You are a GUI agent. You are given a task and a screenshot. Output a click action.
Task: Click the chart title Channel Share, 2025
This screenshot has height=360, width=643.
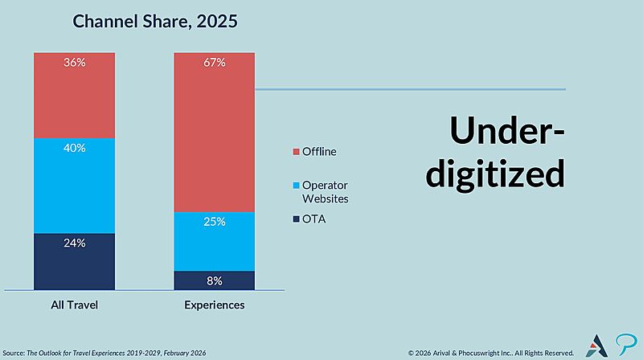pyautogui.click(x=155, y=22)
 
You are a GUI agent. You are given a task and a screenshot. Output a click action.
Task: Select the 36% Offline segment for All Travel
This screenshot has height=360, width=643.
pyautogui.click(x=74, y=96)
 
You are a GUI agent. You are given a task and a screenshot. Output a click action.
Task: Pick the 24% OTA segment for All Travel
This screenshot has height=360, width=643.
pyautogui.click(x=74, y=262)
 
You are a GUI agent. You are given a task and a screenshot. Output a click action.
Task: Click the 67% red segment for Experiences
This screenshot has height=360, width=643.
pyautogui.click(x=215, y=133)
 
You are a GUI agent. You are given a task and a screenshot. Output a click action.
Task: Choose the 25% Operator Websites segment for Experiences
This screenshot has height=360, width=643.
pyautogui.click(x=215, y=241)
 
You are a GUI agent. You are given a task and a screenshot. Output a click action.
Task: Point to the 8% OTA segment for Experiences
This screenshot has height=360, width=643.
pyautogui.click(x=215, y=280)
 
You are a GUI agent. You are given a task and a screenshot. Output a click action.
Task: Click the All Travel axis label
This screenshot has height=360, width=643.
pyautogui.click(x=74, y=305)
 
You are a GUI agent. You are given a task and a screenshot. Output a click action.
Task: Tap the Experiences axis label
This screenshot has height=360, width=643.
pyautogui.click(x=215, y=305)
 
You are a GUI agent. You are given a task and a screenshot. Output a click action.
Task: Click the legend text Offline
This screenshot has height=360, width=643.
pyautogui.click(x=319, y=151)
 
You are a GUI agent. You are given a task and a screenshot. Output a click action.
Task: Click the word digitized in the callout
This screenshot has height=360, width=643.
pyautogui.click(x=495, y=174)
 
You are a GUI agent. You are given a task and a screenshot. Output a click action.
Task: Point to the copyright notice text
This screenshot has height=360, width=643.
pyautogui.click(x=490, y=352)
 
